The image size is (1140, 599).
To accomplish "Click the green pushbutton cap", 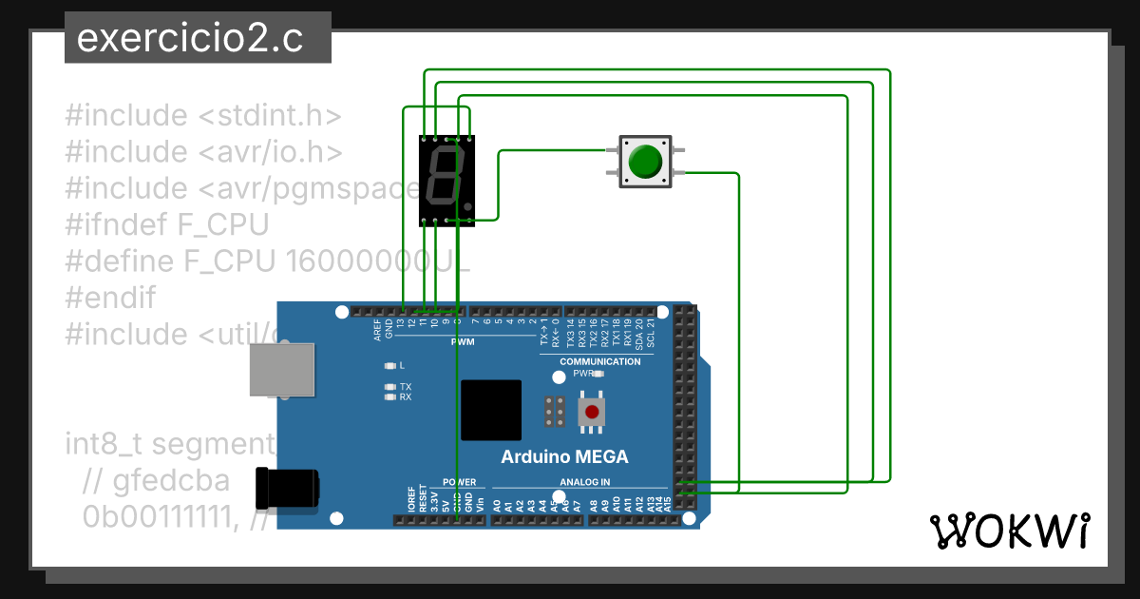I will (645, 161).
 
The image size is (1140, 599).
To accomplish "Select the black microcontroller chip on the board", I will (491, 410).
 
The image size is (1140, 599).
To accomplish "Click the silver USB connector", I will (281, 369).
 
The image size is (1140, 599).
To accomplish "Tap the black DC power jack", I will (289, 490).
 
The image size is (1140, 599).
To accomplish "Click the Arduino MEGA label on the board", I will (564, 456).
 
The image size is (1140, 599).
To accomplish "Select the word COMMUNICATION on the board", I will (599, 361).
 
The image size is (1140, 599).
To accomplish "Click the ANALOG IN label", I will (585, 482).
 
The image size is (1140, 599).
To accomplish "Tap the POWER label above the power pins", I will (459, 482).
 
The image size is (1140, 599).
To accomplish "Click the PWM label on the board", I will (463, 341).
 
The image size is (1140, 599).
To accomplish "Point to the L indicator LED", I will (389, 365).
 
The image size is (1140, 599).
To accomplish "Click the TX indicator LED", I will (389, 387).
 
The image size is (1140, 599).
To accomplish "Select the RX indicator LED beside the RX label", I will (389, 397).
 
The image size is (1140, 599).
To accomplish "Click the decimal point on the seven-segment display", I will (467, 205).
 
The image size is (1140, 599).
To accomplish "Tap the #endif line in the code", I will (110, 298).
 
